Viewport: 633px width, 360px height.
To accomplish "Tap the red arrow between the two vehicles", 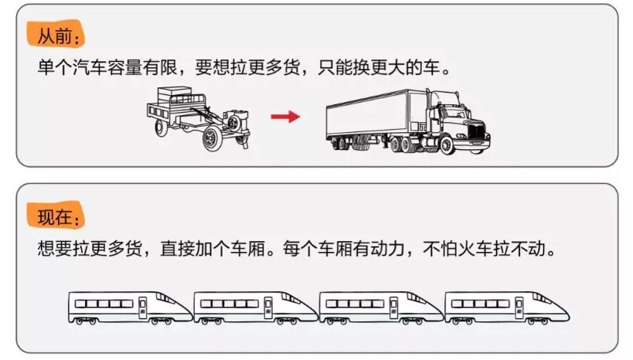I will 285,117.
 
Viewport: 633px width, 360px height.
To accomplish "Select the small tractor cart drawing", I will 199,117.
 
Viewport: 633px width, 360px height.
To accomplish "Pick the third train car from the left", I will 380,307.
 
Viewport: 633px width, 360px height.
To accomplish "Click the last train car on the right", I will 506,307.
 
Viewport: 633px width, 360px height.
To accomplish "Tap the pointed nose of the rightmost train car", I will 563,313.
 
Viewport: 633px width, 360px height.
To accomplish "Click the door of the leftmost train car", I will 142,307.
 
